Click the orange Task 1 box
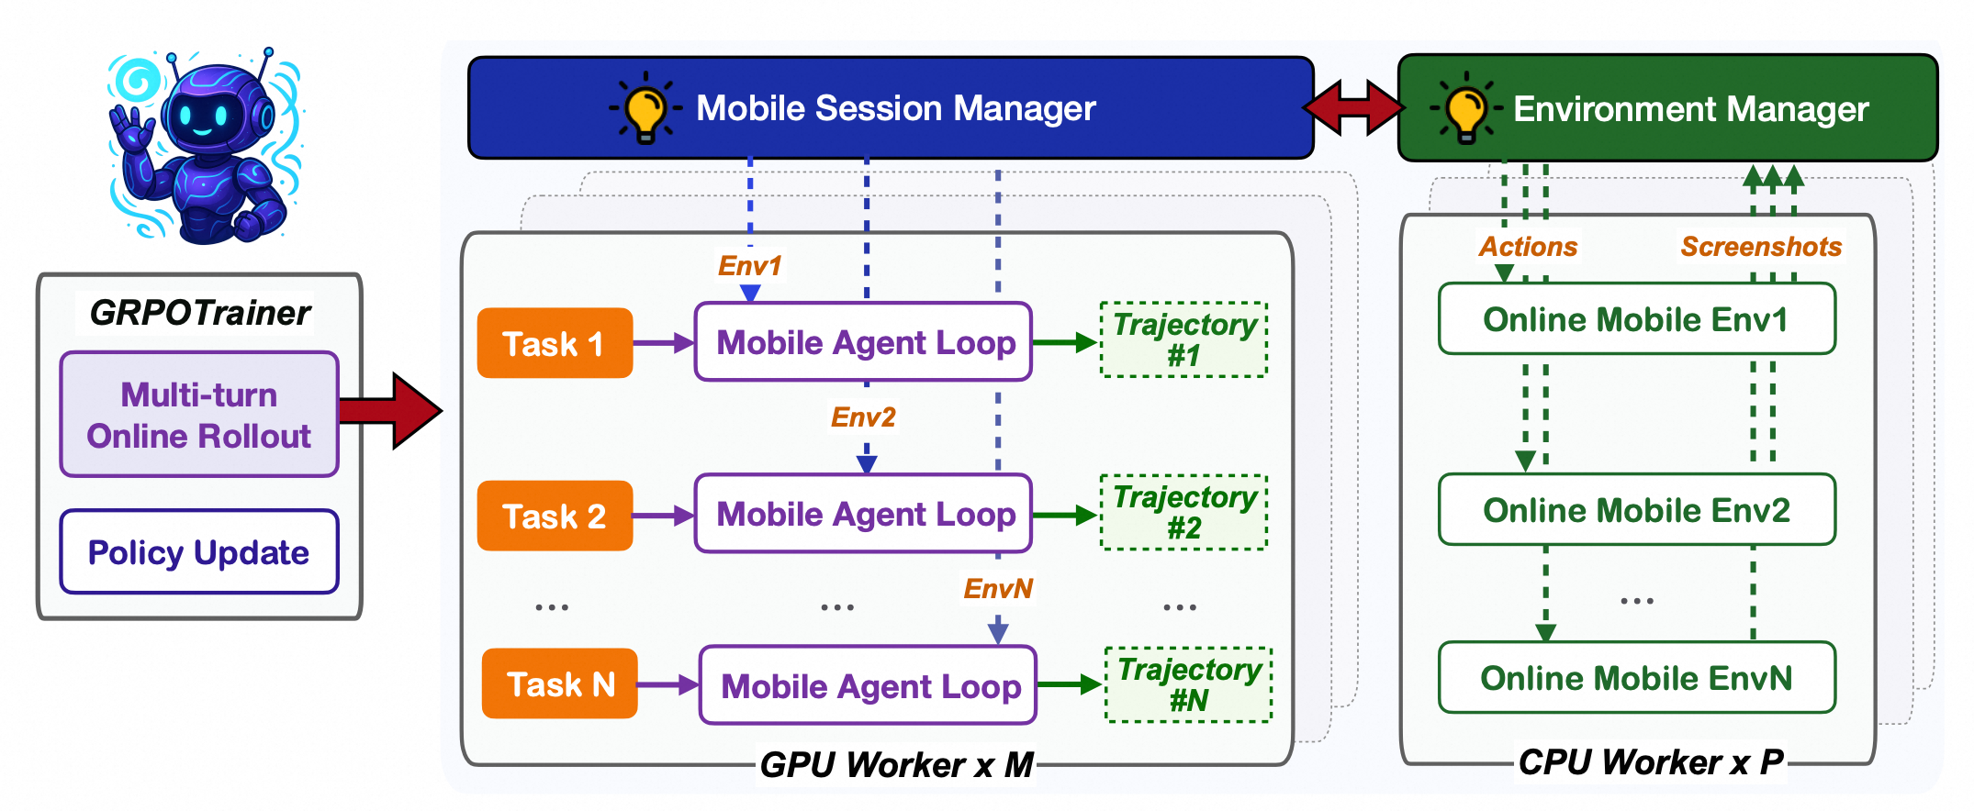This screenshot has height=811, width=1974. click(555, 343)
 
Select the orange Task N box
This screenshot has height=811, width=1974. click(559, 684)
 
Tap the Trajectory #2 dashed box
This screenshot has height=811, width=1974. click(1183, 513)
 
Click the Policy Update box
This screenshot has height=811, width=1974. click(199, 552)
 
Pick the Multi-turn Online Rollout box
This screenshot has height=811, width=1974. click(199, 415)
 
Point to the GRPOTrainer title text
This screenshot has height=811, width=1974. click(199, 313)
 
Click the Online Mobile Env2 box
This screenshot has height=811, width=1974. click(1636, 510)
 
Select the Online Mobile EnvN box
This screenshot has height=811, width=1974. click(1636, 678)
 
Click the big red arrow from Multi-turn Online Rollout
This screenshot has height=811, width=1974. click(393, 410)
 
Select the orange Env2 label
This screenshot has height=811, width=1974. click(862, 417)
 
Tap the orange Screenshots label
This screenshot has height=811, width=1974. click(1760, 247)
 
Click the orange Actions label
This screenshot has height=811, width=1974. click(1527, 247)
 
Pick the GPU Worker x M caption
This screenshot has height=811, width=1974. click(896, 764)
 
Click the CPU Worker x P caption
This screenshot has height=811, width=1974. click(1649, 761)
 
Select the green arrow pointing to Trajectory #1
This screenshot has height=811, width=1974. click(1065, 343)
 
